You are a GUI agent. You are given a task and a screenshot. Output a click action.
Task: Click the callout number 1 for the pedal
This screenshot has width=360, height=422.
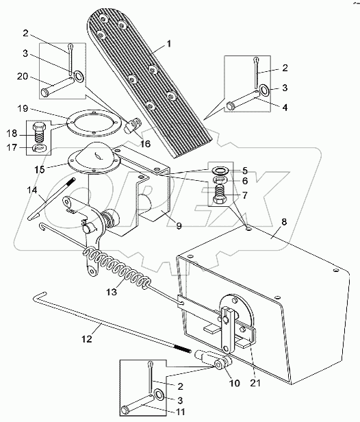pos(169,44)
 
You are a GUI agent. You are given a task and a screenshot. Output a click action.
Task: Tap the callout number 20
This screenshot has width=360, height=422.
pos(23,77)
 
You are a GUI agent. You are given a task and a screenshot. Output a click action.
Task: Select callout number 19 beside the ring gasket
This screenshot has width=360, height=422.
pos(23,108)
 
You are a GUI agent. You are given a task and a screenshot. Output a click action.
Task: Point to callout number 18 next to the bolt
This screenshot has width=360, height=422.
pos(12,134)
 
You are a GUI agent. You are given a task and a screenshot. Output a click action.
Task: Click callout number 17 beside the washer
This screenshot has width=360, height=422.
pos(12,147)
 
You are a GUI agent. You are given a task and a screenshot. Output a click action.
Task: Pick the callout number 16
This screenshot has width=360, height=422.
pos(145,145)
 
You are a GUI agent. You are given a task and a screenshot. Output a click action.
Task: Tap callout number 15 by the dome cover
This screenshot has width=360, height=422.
pos(40,170)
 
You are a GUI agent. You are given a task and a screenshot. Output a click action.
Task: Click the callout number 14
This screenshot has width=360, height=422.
pos(32,190)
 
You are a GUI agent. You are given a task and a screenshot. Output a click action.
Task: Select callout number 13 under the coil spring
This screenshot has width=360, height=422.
pos(112,292)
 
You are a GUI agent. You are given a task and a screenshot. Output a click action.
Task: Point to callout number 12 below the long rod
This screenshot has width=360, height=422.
pos(87,339)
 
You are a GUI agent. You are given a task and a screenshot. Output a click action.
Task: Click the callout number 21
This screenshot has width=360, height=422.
pos(255,383)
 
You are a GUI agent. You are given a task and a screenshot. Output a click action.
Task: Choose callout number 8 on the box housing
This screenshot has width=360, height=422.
pos(284,222)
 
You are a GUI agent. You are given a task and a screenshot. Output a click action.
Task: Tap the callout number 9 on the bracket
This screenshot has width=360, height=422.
pos(179,225)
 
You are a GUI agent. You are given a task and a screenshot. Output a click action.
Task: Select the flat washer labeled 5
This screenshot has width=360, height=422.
pos(221,171)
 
